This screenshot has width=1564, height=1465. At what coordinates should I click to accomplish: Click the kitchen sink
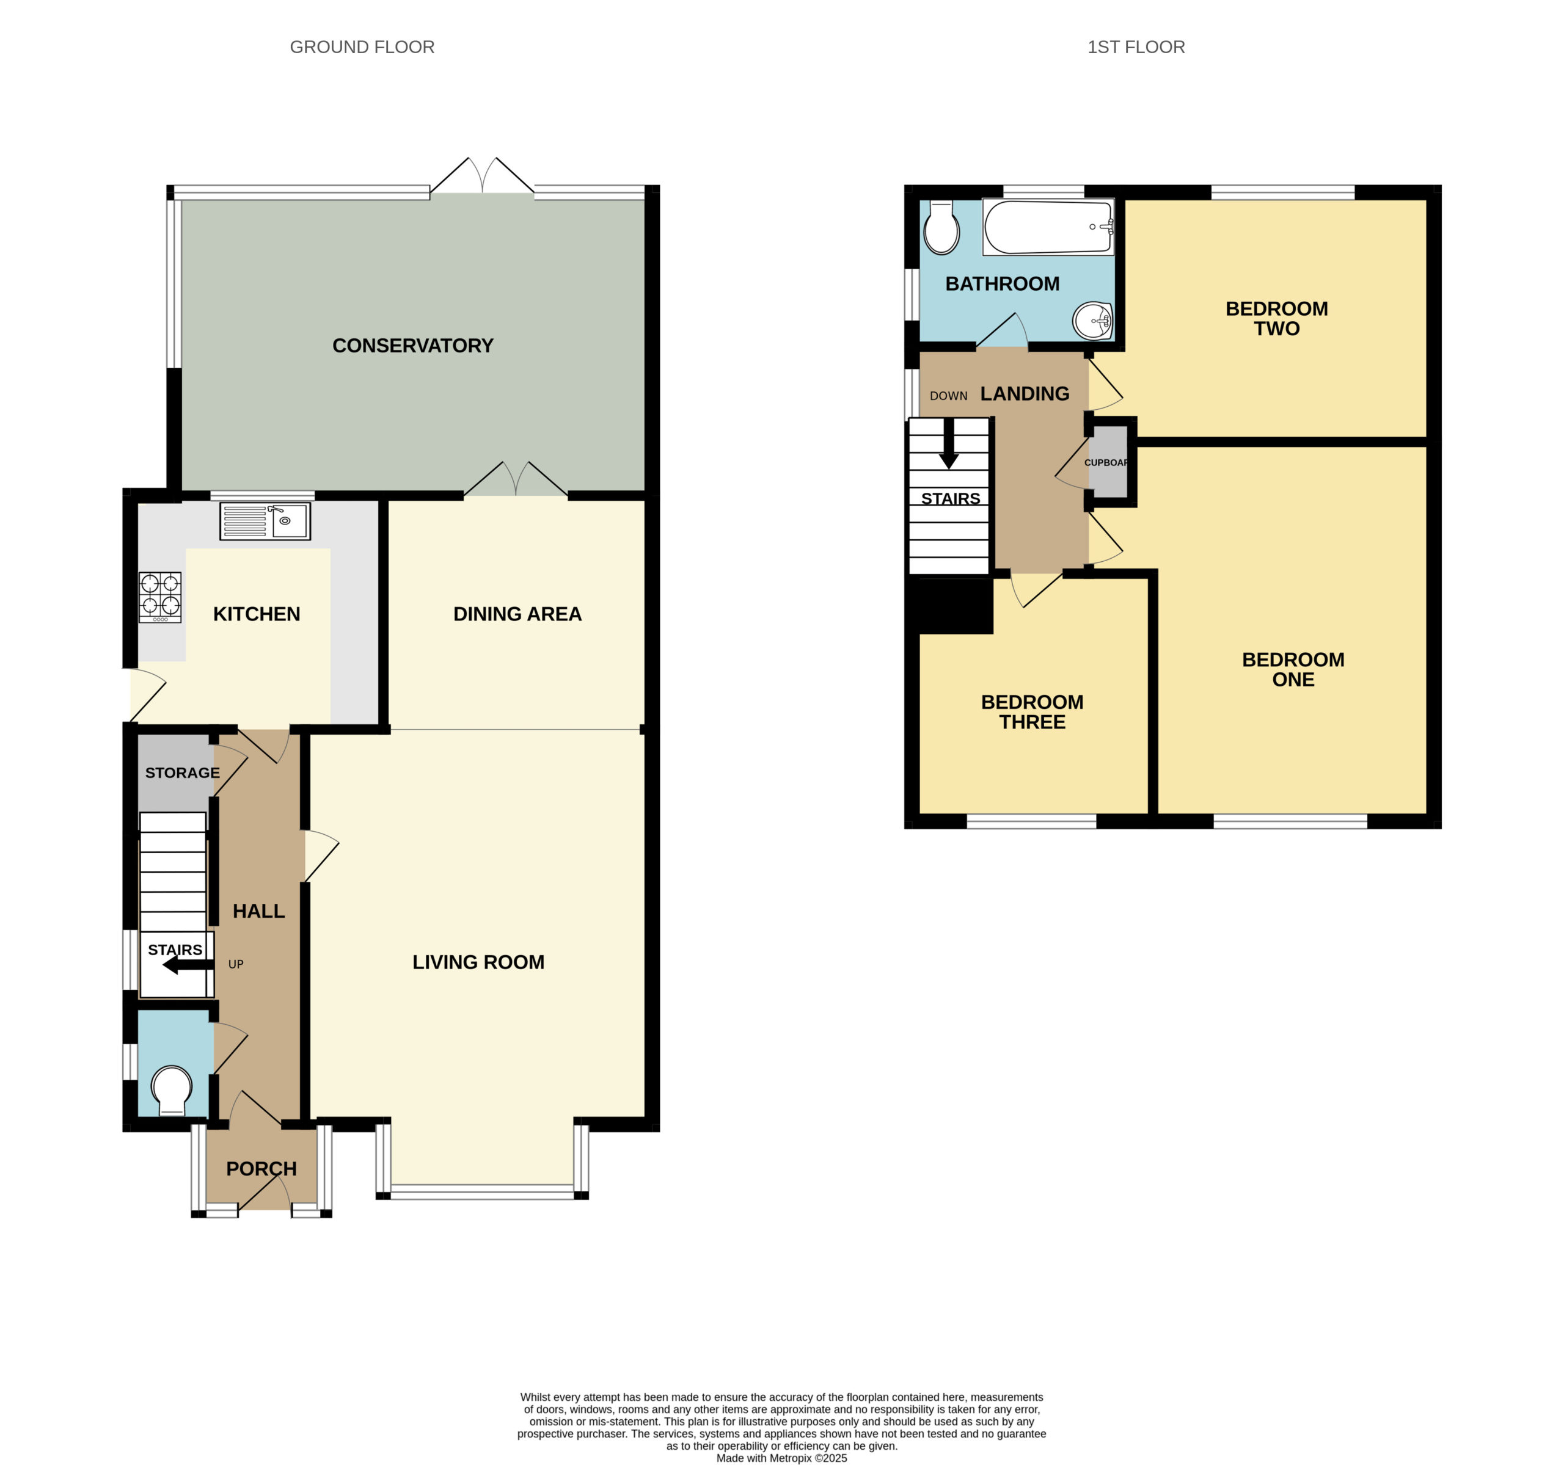(x=265, y=520)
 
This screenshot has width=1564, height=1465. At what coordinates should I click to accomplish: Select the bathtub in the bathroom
(x=1049, y=227)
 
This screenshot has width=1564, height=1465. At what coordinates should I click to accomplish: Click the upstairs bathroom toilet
(x=941, y=227)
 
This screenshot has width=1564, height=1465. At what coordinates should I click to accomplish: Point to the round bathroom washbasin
(x=1093, y=320)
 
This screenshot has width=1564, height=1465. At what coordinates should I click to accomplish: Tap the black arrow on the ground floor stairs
(x=187, y=965)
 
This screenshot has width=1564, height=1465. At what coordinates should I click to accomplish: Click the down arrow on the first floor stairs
(x=949, y=443)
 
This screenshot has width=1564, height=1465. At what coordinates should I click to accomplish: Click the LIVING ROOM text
(x=478, y=962)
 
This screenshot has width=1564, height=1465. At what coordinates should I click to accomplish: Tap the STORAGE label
(x=183, y=773)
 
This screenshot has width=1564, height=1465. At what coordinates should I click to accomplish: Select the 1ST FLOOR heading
(x=1136, y=47)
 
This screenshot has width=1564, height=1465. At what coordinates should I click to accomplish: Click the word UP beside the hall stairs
(x=236, y=964)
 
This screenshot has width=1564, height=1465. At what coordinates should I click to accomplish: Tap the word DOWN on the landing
(x=949, y=396)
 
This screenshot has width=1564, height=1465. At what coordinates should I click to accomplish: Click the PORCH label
(x=261, y=1169)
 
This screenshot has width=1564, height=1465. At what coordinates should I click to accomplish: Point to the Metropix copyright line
(x=781, y=1458)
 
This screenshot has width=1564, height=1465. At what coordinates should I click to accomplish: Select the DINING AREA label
(x=517, y=614)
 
